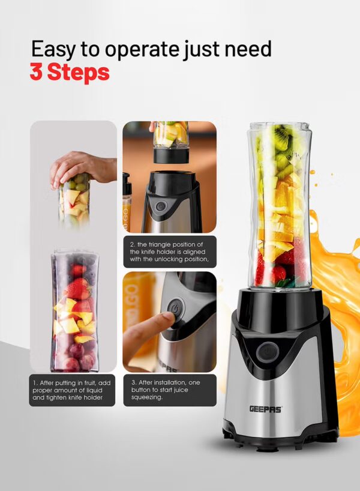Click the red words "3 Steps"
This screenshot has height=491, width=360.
tap(70, 72)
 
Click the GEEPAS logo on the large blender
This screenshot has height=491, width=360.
tap(266, 409)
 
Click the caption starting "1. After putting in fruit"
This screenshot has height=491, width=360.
tap(71, 390)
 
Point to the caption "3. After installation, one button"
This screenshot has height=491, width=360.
tap(166, 390)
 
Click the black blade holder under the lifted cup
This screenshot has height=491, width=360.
tap(171, 155)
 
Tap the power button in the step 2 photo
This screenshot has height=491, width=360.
tap(161, 206)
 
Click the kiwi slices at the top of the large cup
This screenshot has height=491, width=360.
tap(282, 141)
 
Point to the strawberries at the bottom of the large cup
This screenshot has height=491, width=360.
tap(275, 270)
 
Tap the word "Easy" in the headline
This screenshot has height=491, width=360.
tap(53, 50)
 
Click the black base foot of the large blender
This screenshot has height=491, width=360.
tap(280, 438)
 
